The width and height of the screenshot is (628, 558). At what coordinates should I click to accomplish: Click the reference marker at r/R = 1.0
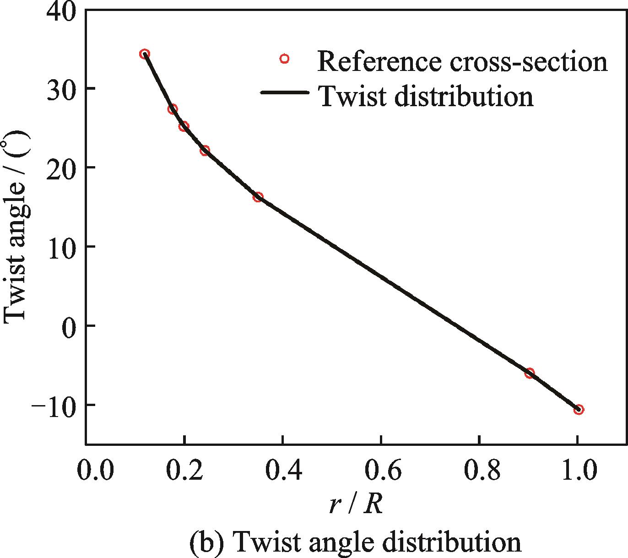point(579,409)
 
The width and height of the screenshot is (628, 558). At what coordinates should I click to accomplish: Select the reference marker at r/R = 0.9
point(530,373)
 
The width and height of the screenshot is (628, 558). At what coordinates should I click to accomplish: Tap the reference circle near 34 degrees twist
point(145,54)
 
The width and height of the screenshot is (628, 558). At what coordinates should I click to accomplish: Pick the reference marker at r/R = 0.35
point(258,197)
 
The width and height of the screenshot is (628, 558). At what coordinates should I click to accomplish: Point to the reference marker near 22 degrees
point(205,150)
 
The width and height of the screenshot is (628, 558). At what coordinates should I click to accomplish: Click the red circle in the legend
point(284,59)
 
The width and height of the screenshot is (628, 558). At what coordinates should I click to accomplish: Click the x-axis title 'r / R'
point(356,505)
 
